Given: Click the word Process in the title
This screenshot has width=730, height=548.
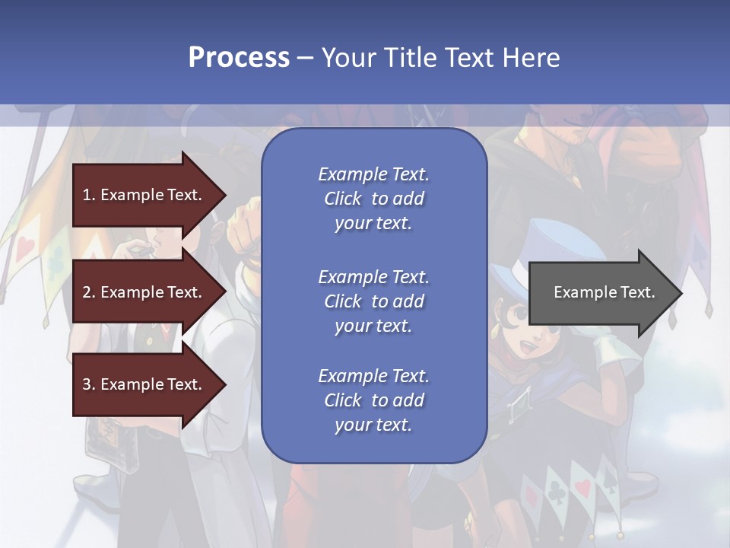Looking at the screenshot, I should pyautogui.click(x=239, y=58).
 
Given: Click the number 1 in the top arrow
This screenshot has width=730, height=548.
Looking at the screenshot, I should pyautogui.click(x=87, y=195).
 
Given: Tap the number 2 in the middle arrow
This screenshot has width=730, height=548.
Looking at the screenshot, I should pyautogui.click(x=87, y=292).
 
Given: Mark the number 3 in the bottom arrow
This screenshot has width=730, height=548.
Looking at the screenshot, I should pyautogui.click(x=87, y=384).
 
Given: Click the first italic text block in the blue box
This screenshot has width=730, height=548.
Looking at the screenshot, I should pyautogui.click(x=373, y=199).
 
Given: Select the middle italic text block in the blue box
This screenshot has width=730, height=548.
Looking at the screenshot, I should pyautogui.click(x=373, y=301).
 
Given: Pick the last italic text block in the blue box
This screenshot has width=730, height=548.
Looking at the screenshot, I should pyautogui.click(x=373, y=400).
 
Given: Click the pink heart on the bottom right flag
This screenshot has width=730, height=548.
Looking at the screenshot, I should pyautogui.click(x=582, y=487).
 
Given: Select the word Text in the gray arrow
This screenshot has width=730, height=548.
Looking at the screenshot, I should pyautogui.click(x=639, y=292).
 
